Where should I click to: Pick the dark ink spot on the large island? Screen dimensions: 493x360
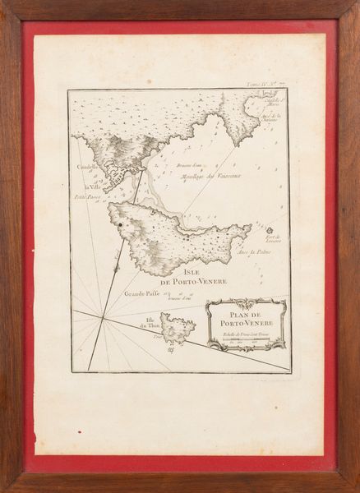pos(120,223)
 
